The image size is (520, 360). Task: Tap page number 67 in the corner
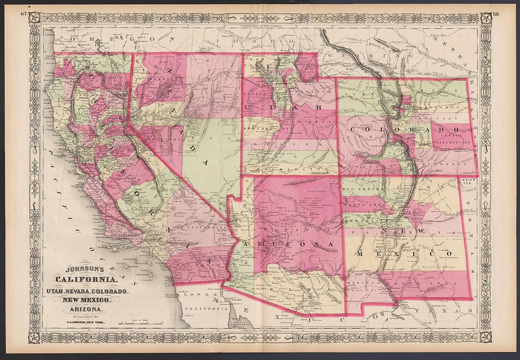coord(24,13)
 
